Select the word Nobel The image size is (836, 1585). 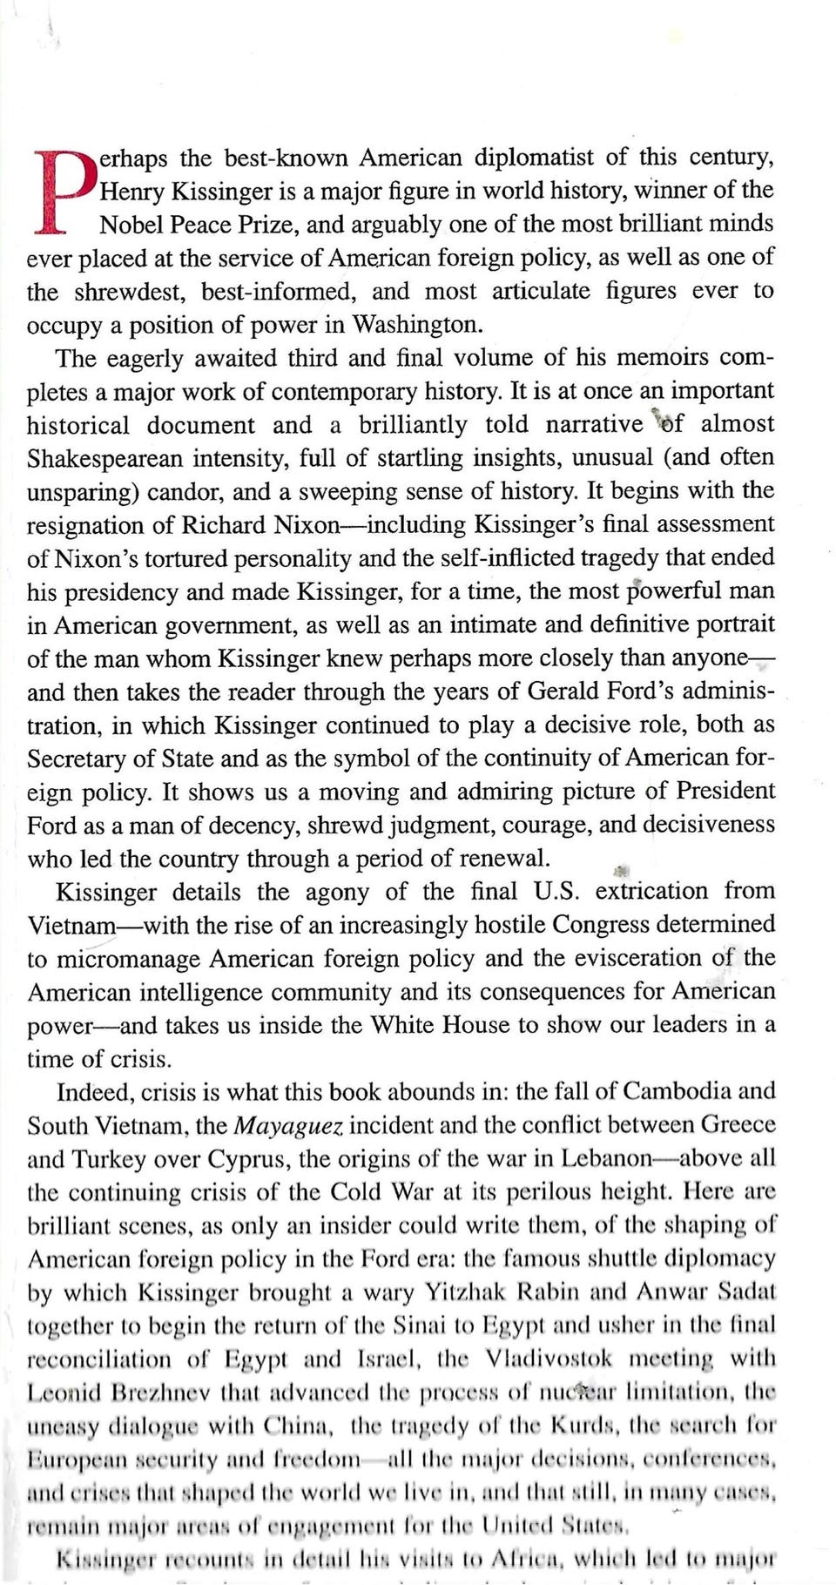[x=131, y=225]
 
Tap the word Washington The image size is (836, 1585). [x=416, y=325]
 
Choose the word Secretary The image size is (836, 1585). [x=76, y=759]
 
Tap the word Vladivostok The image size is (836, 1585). [x=549, y=1359]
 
